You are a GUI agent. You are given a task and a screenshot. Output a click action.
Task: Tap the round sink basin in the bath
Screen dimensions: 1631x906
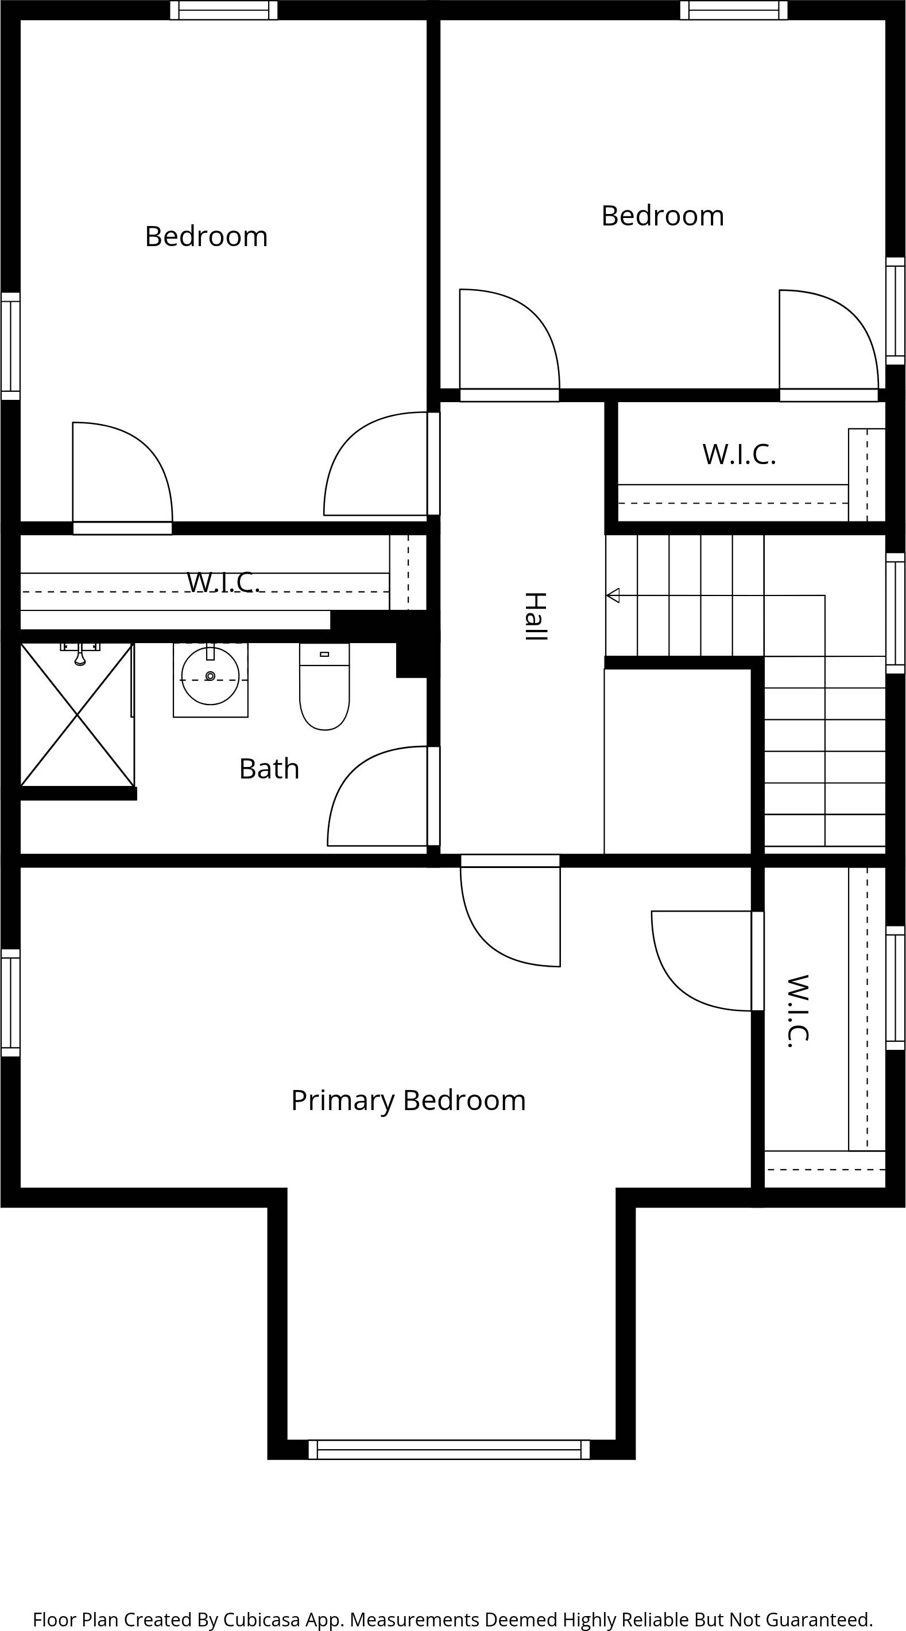click(210, 676)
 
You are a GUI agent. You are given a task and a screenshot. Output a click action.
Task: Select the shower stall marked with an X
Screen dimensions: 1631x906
click(77, 715)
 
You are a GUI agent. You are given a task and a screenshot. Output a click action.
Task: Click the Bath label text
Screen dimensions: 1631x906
click(269, 769)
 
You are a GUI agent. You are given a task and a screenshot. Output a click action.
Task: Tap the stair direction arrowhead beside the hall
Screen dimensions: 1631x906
click(613, 595)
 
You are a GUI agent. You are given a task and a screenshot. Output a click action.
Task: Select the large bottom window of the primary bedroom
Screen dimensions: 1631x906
click(448, 1449)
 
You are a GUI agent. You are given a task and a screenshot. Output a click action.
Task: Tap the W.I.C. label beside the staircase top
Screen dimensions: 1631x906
click(739, 454)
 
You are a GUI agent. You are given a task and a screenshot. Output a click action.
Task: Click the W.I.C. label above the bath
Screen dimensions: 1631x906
click(223, 582)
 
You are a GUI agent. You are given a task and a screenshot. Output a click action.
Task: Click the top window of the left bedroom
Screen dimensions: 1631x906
click(224, 10)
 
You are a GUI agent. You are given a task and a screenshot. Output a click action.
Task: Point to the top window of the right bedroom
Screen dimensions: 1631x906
click(734, 10)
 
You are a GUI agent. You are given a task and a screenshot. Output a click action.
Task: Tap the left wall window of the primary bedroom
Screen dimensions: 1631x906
click(10, 1003)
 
